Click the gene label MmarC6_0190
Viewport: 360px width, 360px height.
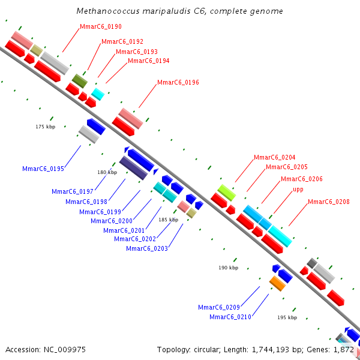pyautogui.click(x=101, y=26)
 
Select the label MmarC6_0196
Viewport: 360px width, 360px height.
pyautogui.click(x=178, y=82)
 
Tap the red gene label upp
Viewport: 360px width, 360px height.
pyautogui.click(x=298, y=190)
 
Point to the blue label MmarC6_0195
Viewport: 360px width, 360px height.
pyautogui.click(x=43, y=169)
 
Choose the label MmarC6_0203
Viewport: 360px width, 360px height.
pyautogui.click(x=147, y=248)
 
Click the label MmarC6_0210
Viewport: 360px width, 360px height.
pyautogui.click(x=230, y=317)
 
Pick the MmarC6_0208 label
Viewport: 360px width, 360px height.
pyautogui.click(x=329, y=202)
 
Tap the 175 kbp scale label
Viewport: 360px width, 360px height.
pyautogui.click(x=46, y=127)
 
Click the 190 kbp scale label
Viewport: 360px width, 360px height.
pyautogui.click(x=229, y=268)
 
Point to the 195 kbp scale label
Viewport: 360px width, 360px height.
pyautogui.click(x=287, y=317)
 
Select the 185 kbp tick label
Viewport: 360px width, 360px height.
pyautogui.click(x=168, y=220)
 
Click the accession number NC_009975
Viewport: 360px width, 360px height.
pyautogui.click(x=65, y=350)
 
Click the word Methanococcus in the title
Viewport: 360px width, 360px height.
pyautogui.click(x=108, y=11)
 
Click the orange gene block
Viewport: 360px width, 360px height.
pyautogui.click(x=277, y=284)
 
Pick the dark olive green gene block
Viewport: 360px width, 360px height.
pyautogui.click(x=80, y=81)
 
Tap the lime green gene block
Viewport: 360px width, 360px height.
pyautogui.click(x=227, y=193)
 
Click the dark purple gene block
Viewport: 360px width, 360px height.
pyautogui.click(x=133, y=168)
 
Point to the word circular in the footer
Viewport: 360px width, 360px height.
pyautogui.click(x=207, y=350)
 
